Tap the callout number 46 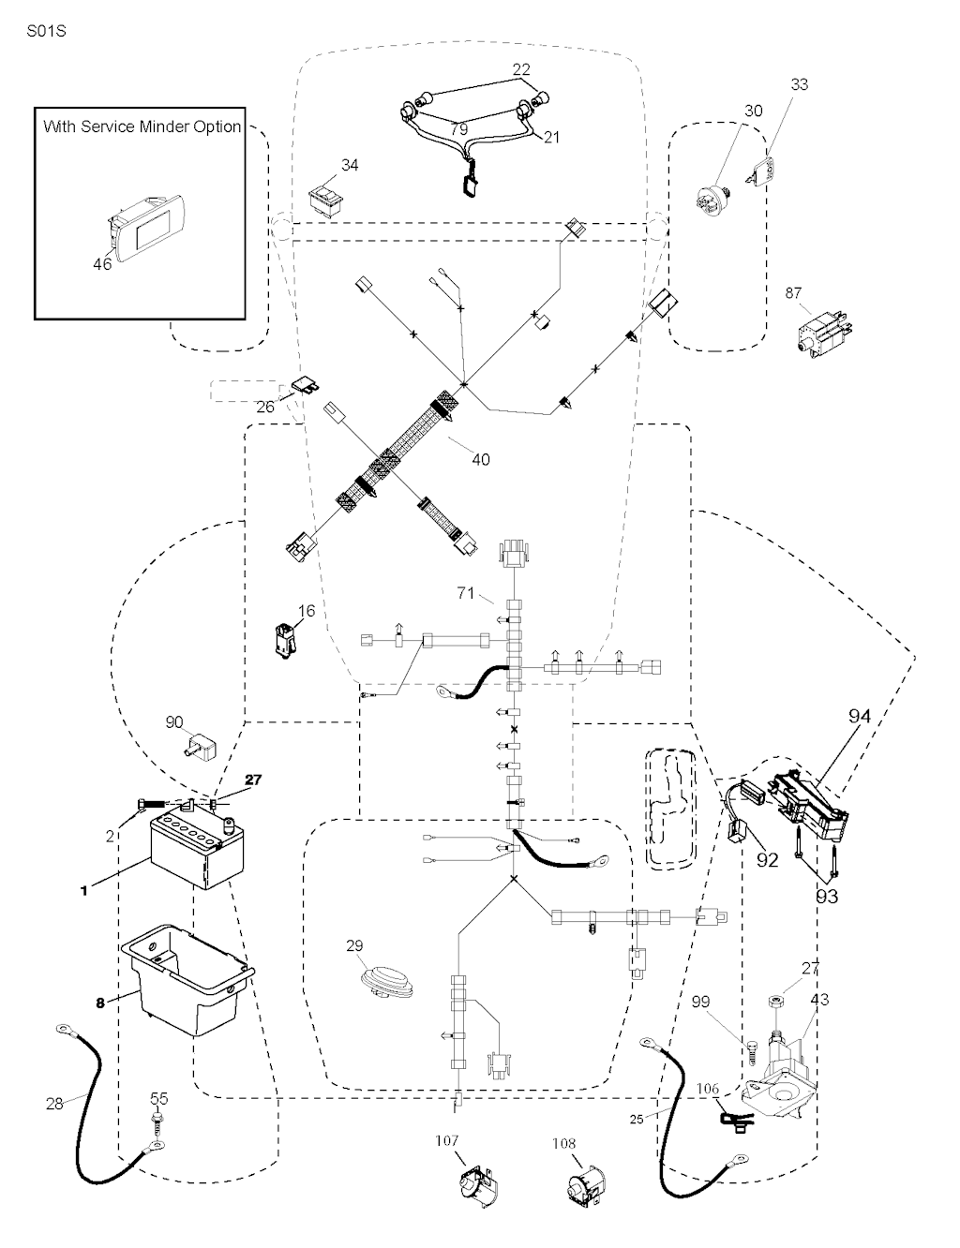click(x=102, y=264)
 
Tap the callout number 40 click(x=480, y=459)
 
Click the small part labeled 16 click(x=285, y=639)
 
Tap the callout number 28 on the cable click(x=55, y=1104)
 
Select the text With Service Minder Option click(x=142, y=126)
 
